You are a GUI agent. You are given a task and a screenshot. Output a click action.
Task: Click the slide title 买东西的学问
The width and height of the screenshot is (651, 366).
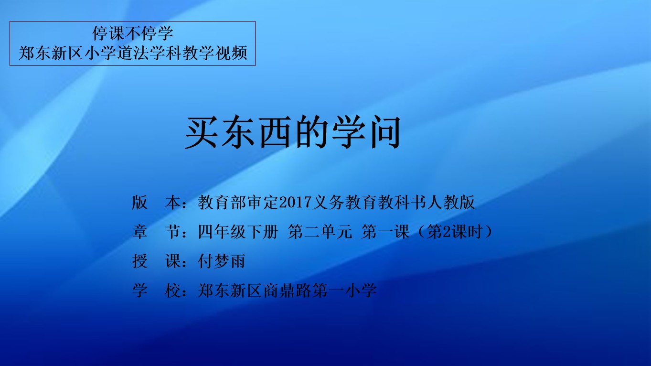click(x=293, y=132)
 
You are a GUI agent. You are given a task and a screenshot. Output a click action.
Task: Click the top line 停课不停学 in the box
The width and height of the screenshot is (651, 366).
click(x=133, y=33)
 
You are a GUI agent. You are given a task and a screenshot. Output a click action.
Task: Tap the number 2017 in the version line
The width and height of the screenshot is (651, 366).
click(x=295, y=202)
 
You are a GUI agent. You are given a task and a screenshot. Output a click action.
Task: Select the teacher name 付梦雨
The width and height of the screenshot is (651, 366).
click(x=222, y=261)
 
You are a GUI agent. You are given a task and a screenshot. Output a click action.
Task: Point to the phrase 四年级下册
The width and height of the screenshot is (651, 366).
click(x=238, y=232)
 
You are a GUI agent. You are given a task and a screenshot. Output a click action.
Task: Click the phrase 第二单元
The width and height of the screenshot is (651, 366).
click(x=320, y=232)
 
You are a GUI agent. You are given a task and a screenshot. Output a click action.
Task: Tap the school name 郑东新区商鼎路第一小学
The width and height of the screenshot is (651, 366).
click(x=287, y=290)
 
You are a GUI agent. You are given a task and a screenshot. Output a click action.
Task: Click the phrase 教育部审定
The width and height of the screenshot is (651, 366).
click(x=238, y=202)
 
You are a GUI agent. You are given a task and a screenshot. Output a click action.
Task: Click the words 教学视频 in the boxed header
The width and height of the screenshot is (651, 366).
click(x=215, y=53)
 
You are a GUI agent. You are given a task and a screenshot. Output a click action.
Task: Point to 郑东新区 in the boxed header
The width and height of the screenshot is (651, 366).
click(x=51, y=53)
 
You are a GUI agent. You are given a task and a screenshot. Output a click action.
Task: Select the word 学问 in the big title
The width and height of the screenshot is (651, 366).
click(x=366, y=132)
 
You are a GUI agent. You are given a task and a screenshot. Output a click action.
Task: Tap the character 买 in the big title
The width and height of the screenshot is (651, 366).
click(x=202, y=132)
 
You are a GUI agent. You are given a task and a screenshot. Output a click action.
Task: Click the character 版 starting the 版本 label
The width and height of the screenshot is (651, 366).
click(x=140, y=202)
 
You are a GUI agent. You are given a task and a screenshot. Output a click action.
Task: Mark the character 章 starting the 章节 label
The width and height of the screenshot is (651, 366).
click(x=140, y=232)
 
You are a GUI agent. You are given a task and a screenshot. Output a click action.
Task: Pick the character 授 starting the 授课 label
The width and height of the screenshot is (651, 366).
click(x=140, y=261)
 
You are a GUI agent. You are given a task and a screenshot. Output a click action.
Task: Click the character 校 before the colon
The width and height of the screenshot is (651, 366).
click(x=173, y=290)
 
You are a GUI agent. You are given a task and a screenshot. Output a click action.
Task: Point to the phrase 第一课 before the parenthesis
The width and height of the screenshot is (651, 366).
click(x=385, y=232)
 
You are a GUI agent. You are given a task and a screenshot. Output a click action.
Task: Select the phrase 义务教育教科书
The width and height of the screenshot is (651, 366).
click(x=369, y=202)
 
